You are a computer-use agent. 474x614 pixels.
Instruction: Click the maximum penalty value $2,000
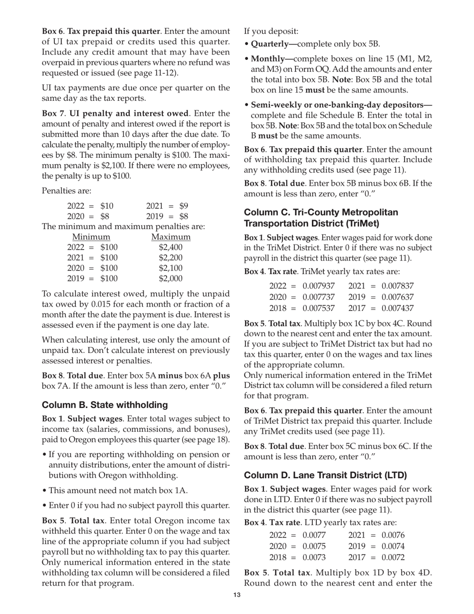(x=171, y=279)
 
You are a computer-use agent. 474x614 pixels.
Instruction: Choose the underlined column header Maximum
(x=171, y=237)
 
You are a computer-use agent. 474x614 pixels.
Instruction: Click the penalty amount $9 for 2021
(x=184, y=206)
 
